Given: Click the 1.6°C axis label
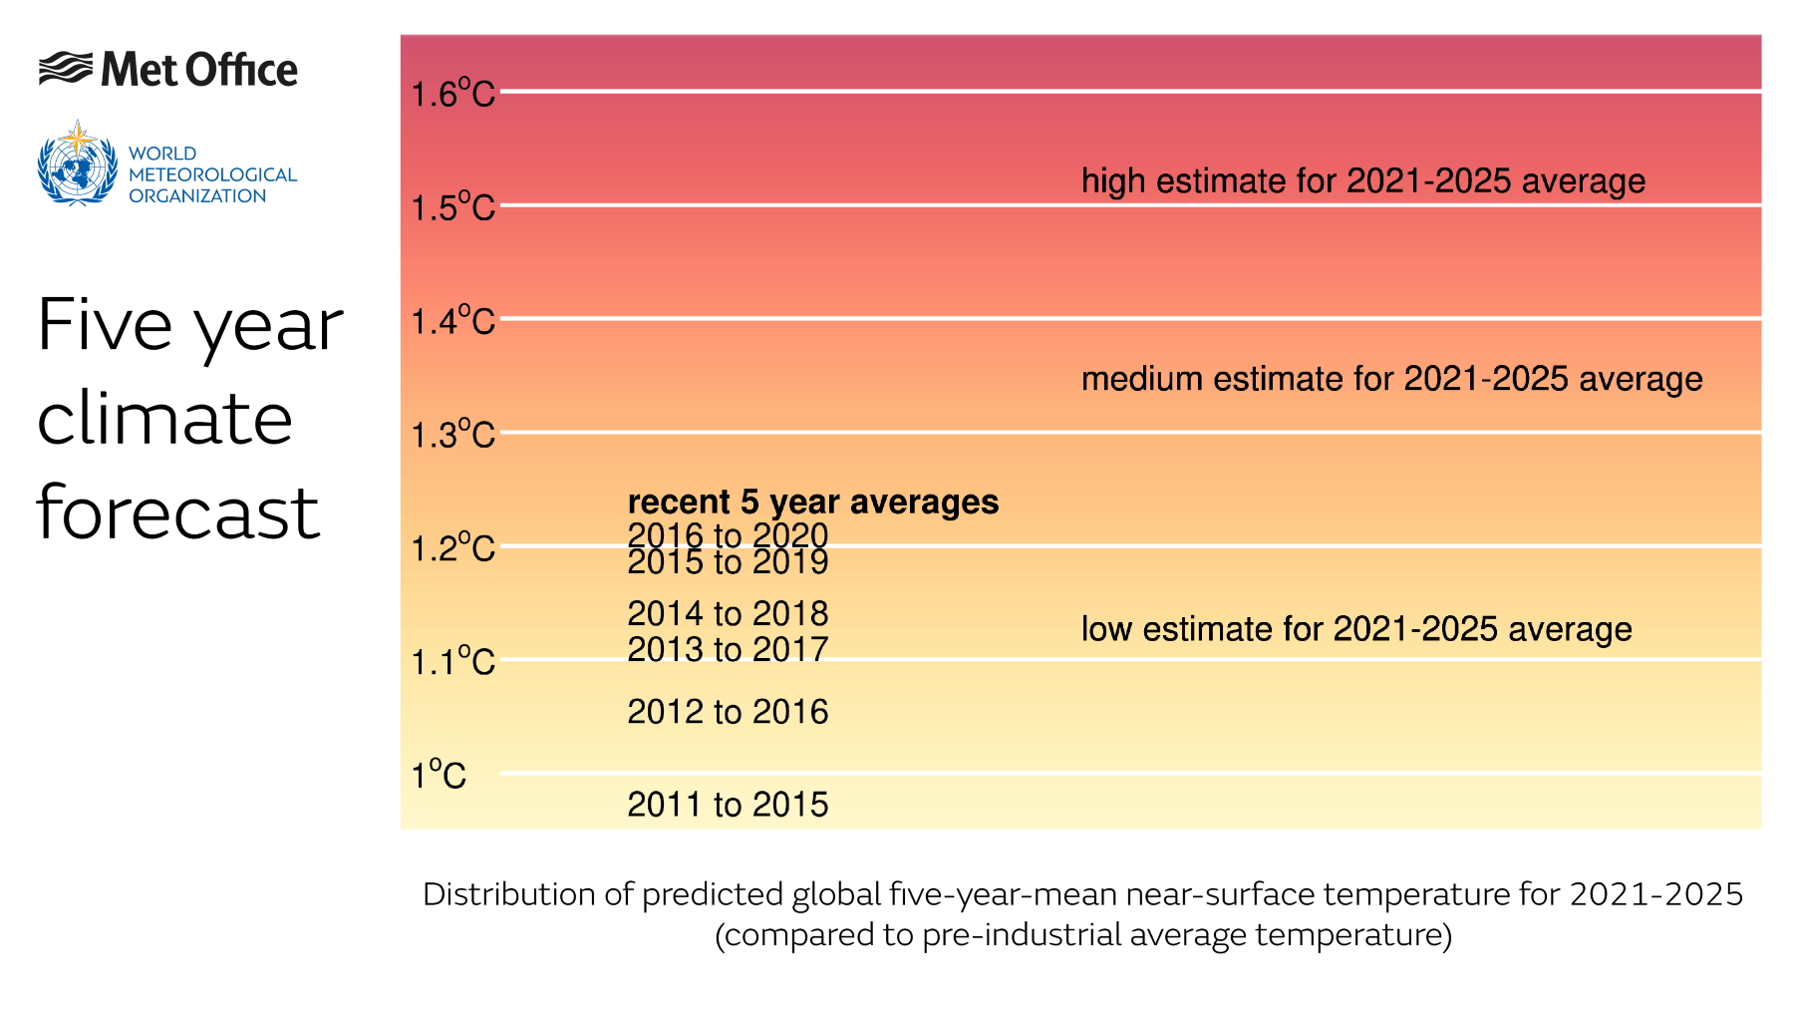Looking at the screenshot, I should pyautogui.click(x=452, y=94).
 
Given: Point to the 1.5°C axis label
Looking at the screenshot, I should pyautogui.click(x=452, y=207).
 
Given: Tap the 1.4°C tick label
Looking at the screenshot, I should pyautogui.click(x=452, y=321).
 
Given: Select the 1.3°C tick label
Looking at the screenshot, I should pyautogui.click(x=452, y=435).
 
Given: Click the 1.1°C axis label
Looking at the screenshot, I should pyautogui.click(x=452, y=662).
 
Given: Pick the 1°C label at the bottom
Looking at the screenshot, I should pyautogui.click(x=439, y=775).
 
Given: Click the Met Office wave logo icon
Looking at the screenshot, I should pyautogui.click(x=66, y=69).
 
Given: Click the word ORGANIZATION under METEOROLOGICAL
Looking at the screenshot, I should pyautogui.click(x=197, y=196).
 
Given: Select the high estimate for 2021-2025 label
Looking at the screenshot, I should pyautogui.click(x=1362, y=181).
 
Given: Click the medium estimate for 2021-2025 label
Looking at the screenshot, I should pyautogui.click(x=1391, y=379).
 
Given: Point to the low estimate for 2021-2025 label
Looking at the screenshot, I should pyautogui.click(x=1355, y=629).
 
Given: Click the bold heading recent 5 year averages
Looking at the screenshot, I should pyautogui.click(x=812, y=502).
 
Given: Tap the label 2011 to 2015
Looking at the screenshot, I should pyautogui.click(x=728, y=805).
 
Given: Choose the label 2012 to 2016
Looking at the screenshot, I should pyautogui.click(x=728, y=712).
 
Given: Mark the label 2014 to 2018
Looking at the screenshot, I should pyautogui.click(x=728, y=613).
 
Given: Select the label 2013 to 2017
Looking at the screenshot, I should pyautogui.click(x=728, y=649).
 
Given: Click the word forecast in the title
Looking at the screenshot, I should pyautogui.click(x=178, y=512).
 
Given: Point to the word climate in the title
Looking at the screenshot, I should pyautogui.click(x=164, y=419).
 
